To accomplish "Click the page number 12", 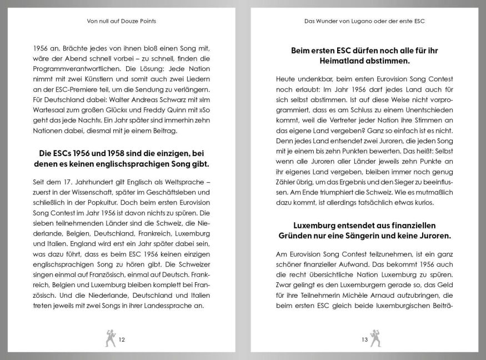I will pos(122,339).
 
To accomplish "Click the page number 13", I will pos(364,339).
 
